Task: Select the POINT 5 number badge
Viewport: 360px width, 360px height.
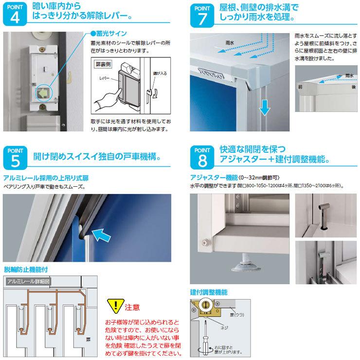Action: tap(14, 156)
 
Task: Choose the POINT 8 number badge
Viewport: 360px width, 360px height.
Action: tap(203, 156)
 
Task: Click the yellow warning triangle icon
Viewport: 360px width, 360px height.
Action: tap(115, 306)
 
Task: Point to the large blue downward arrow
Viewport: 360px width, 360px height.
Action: tap(264, 107)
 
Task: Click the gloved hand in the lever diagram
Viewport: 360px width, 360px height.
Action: tap(107, 97)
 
